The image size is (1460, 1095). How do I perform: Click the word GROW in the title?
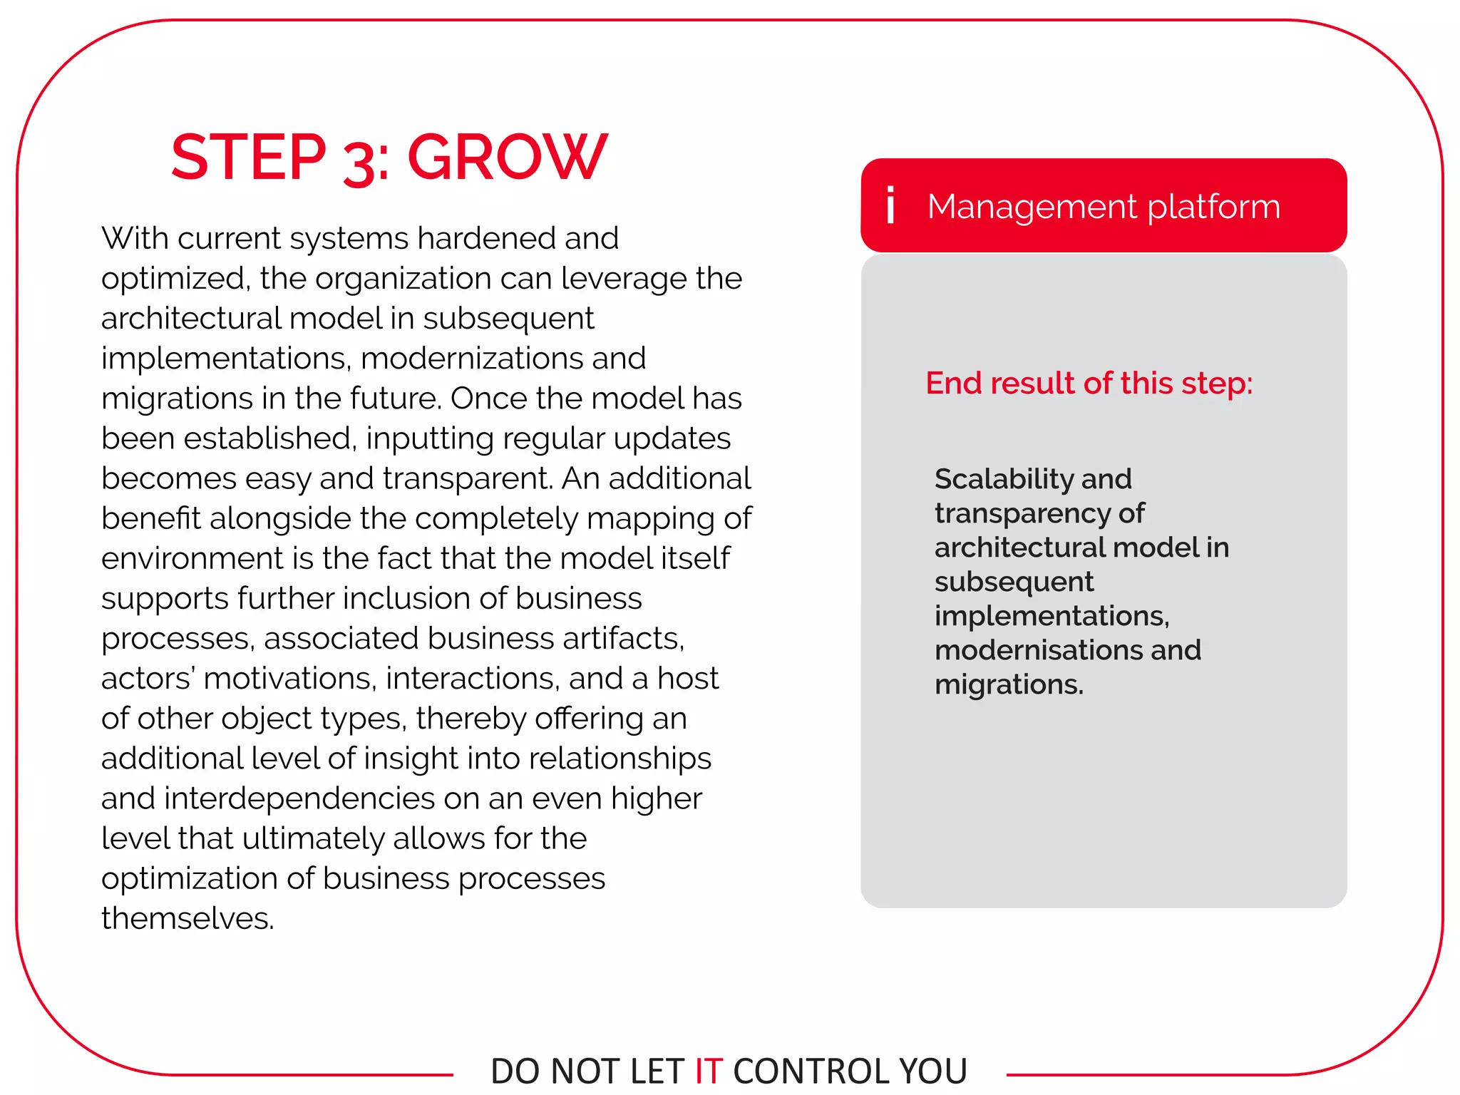click(x=507, y=158)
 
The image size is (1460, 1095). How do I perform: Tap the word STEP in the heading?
click(x=248, y=158)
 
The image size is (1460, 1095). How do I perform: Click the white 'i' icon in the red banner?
click(x=890, y=205)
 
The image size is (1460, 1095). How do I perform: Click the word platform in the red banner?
click(x=1213, y=207)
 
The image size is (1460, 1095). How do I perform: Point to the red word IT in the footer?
click(x=709, y=1071)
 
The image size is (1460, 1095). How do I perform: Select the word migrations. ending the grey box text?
click(x=1009, y=684)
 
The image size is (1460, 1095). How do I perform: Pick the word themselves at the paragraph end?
click(x=187, y=918)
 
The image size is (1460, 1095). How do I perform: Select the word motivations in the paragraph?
click(x=289, y=678)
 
